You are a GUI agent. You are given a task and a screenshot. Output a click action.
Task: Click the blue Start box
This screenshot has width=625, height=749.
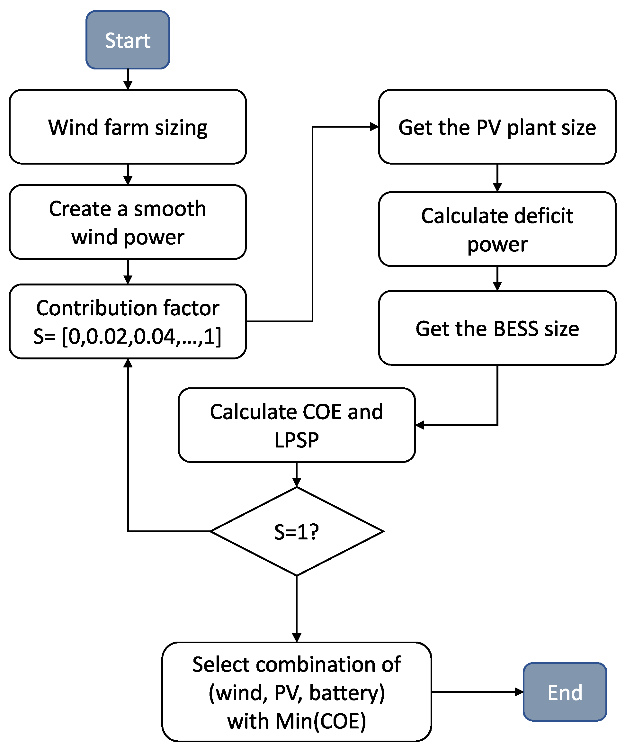pyautogui.click(x=128, y=40)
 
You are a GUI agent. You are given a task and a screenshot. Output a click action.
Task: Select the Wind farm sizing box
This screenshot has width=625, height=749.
pyautogui.click(x=128, y=127)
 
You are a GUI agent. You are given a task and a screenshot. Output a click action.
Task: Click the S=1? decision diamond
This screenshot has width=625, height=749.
pyautogui.click(x=297, y=531)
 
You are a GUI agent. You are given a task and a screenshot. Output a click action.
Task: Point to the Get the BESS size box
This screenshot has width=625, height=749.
pyautogui.click(x=497, y=328)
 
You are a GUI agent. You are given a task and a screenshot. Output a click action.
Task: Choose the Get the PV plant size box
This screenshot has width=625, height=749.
pyautogui.click(x=497, y=127)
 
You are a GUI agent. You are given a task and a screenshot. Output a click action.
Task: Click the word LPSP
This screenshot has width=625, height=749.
pyautogui.click(x=297, y=440)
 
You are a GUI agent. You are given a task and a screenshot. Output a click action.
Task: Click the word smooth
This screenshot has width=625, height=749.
pyautogui.click(x=170, y=209)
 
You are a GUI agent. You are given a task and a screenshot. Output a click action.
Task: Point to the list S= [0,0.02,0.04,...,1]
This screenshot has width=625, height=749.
pyautogui.click(x=127, y=336)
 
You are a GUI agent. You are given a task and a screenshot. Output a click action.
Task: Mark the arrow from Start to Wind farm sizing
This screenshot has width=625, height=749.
pyautogui.click(x=128, y=79)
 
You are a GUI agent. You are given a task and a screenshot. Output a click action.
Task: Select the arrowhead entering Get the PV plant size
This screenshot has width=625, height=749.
pyautogui.click(x=374, y=127)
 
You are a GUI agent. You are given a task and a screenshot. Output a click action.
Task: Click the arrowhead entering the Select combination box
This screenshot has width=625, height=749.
pyautogui.click(x=297, y=637)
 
